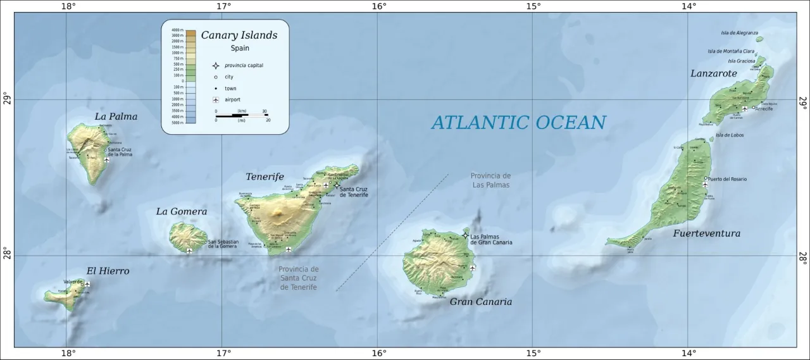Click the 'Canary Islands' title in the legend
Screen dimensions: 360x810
point(239,35)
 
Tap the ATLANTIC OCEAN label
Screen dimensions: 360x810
point(518,122)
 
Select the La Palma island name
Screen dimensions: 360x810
point(116,116)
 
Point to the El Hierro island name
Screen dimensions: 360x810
point(108,271)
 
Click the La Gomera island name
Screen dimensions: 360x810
point(182,211)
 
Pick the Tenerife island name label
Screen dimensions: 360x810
point(265,177)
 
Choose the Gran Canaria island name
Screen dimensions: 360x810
point(480,302)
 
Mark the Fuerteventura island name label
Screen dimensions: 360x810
point(706,233)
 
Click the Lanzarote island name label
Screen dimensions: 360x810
point(713,73)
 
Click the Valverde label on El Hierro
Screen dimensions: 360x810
point(73,282)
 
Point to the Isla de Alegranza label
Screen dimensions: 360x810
point(739,33)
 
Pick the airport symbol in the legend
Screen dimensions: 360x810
point(216,100)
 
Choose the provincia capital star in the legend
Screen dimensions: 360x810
point(216,65)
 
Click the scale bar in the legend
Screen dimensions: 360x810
point(242,115)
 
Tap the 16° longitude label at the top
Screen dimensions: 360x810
point(378,6)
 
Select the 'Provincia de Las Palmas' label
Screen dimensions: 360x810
point(490,180)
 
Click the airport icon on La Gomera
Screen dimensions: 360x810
point(189,251)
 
